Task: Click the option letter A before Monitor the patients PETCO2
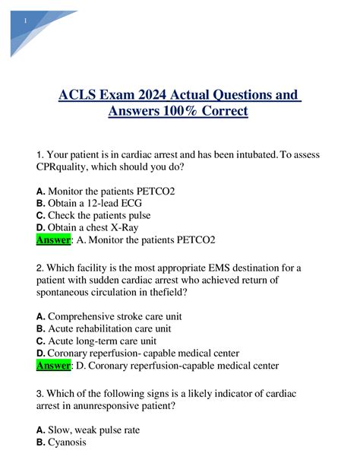pos(41,192)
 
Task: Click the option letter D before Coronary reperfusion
pos(41,353)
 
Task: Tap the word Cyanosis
pos(68,442)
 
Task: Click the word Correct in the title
pos(222,113)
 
